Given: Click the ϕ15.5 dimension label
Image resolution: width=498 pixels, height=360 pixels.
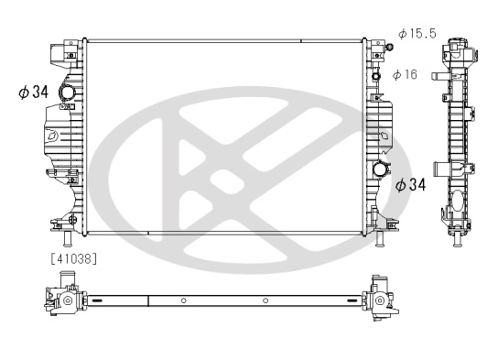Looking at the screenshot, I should tap(417, 35).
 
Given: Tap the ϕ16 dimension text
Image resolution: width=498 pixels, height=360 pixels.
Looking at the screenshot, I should tap(405, 75).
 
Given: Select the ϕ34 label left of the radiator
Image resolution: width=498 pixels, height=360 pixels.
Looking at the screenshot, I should tap(31, 92).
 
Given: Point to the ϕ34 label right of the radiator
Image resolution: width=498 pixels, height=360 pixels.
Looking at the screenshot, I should tap(411, 185).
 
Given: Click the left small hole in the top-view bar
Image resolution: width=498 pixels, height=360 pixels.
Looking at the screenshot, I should tap(183, 300).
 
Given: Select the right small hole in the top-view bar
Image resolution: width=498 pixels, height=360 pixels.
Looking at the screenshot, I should tap(264, 300).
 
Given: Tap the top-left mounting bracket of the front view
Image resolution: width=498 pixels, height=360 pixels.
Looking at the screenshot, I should tap(60, 54).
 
